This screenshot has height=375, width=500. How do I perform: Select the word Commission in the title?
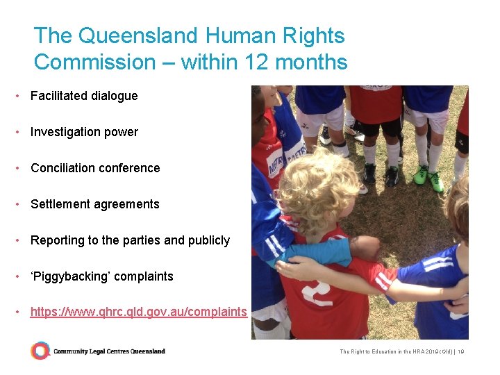coord(95,62)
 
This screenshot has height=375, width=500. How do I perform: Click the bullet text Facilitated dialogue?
coord(84,96)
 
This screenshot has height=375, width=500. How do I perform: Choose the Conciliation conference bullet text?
coord(95,168)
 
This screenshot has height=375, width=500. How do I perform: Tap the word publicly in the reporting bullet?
coord(207,240)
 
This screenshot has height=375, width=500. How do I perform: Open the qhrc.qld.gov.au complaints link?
coord(138,312)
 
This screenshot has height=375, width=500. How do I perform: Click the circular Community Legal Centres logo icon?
coord(40,351)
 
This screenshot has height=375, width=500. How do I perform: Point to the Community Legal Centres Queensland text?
coord(109,351)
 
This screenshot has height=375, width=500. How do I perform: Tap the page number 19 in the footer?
coord(460,352)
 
